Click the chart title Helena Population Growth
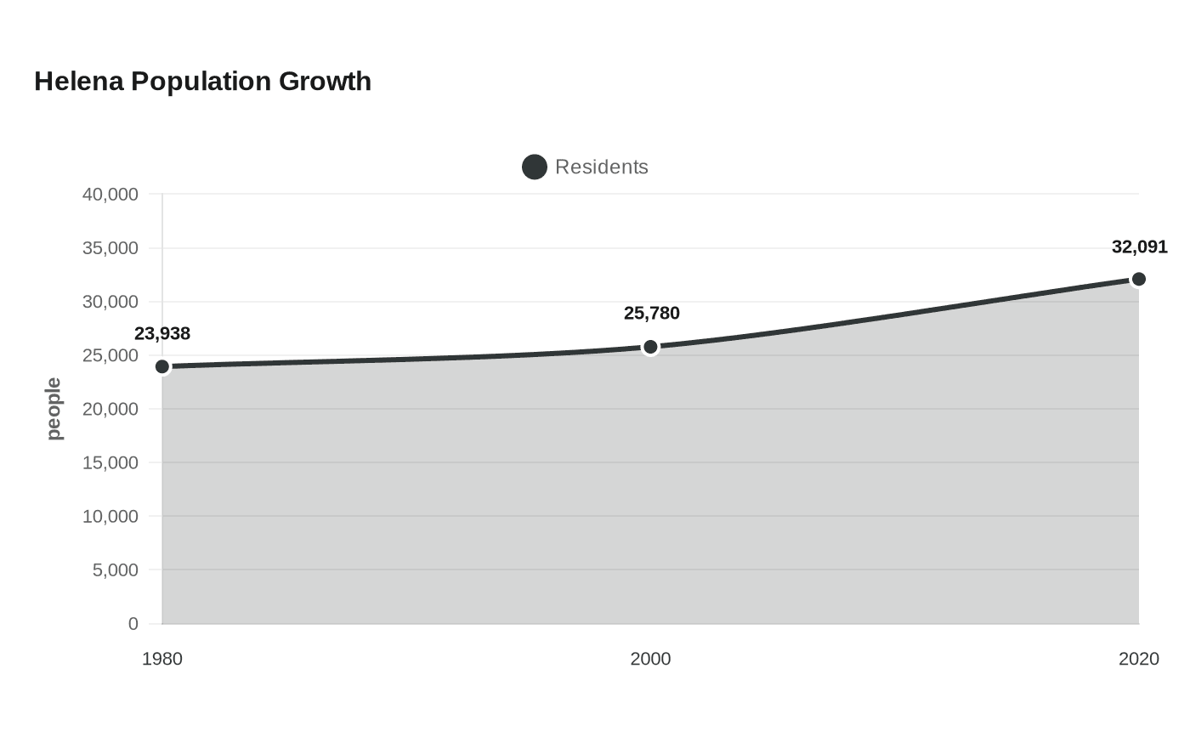coord(202,82)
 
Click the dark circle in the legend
coord(535,167)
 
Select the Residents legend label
coord(602,167)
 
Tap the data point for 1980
coord(162,366)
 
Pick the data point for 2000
coord(650,348)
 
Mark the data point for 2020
coord(1138,280)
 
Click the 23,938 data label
coord(162,333)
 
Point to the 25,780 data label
coord(651,314)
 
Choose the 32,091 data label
coord(1140,247)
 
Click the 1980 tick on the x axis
coord(162,660)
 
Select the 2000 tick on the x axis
coord(650,660)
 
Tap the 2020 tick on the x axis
coord(1138,660)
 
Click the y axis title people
coord(54,409)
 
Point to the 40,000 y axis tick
coord(110,195)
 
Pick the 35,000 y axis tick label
coord(110,248)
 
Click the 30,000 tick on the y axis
coord(110,302)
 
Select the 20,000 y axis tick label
coord(110,409)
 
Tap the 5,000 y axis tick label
coord(116,570)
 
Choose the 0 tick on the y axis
coord(133,624)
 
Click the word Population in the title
coord(201,82)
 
